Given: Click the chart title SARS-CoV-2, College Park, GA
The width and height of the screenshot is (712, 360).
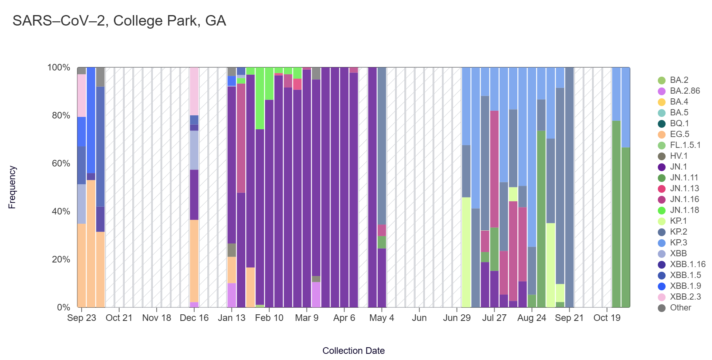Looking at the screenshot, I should point(119,21).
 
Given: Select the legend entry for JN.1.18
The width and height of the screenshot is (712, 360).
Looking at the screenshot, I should point(684,210).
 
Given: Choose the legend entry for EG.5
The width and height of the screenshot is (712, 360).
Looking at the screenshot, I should point(679,134).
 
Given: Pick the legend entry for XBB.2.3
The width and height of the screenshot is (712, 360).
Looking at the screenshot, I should point(685,297).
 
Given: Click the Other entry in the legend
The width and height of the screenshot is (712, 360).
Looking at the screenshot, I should point(680,308).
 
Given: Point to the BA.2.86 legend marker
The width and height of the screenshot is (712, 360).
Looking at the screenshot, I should point(662,91).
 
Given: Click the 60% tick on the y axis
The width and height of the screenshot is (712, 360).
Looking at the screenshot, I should point(61,163).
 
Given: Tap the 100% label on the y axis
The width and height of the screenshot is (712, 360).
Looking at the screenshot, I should point(59,68).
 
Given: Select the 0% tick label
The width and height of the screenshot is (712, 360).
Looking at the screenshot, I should point(63,307).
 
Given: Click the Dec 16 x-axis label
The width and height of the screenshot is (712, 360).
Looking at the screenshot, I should point(194,318).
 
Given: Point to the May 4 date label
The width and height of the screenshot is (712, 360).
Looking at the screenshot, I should point(382,318).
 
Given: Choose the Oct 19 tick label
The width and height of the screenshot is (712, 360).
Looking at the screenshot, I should point(607,318).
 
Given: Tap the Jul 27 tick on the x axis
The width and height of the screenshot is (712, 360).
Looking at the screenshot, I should point(494,318).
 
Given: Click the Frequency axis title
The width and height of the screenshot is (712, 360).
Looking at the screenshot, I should point(12,187).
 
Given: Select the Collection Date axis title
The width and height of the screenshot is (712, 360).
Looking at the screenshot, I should point(353,351).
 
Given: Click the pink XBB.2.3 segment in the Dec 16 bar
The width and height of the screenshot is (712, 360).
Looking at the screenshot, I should point(194,91).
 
